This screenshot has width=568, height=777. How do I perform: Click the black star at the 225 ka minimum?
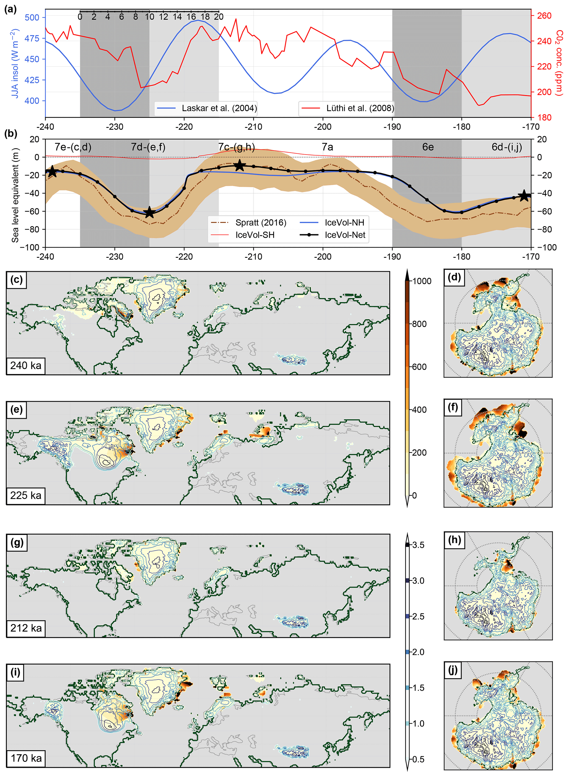coord(149,212)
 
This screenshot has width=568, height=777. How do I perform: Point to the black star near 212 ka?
coord(240,165)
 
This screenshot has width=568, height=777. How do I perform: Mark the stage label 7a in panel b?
coord(327,147)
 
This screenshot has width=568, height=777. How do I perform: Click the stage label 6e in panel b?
coord(428,147)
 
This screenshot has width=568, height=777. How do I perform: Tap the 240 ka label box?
coord(26,365)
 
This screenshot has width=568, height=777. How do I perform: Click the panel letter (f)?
coord(453,407)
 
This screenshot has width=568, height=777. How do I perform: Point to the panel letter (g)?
coord(17,542)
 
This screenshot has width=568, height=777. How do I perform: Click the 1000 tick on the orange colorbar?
coord(422,281)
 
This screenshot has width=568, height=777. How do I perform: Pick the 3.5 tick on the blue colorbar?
coord(418,545)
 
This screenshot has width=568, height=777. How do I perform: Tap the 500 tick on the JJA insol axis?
coord(32,17)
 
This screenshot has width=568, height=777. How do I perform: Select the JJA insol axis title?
coord(15,63)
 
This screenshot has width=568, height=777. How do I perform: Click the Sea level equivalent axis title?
coord(15,195)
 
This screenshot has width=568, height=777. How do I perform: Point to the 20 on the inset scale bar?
coord(219,16)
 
